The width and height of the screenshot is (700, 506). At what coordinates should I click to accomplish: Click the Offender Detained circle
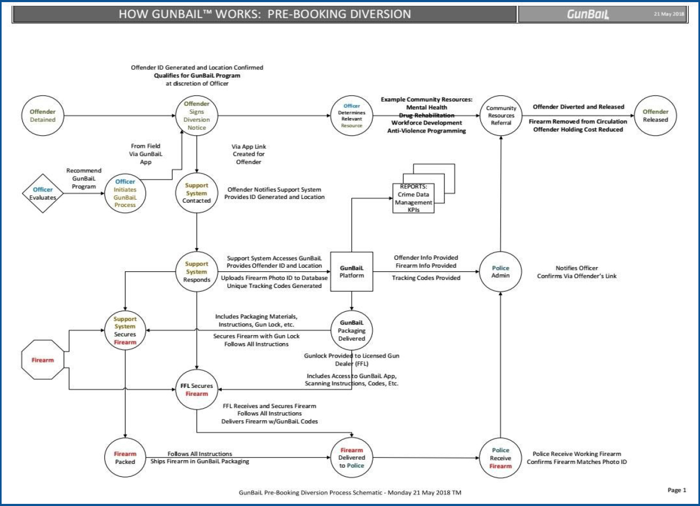pos(43,116)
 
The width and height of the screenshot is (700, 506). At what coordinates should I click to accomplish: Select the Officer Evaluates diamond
pos(43,194)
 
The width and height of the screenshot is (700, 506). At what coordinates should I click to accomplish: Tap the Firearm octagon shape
pos(43,360)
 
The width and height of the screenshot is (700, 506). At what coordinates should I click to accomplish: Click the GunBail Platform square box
pos(351,271)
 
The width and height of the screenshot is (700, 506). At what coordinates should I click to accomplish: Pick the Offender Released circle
pos(655,116)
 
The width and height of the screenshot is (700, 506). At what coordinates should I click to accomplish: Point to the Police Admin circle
pos(500,272)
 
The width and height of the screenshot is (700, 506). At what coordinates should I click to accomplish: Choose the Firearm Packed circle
pos(125,458)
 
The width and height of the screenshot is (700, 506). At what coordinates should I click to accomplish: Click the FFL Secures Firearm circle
pos(197,390)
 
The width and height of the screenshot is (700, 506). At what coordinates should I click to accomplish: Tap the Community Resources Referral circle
pos(501,115)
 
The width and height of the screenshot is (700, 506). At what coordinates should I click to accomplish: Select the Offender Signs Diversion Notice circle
pos(197,116)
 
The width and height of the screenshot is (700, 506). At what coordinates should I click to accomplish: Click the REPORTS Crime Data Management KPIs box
pos(414,198)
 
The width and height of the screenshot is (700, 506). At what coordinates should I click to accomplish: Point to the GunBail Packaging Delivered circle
pos(351,330)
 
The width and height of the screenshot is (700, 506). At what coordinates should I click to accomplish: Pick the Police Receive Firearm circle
pos(500,458)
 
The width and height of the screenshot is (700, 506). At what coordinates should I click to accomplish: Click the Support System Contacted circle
pos(197,193)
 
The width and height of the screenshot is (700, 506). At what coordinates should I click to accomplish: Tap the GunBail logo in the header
pos(588,14)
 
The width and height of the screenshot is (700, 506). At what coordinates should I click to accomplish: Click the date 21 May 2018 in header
pos(669,14)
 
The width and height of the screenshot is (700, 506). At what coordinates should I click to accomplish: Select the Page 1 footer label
pos(677,490)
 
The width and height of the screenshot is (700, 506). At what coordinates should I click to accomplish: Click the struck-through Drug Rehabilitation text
pos(426,115)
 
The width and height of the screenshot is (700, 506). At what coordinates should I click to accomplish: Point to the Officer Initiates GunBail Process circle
pos(125,193)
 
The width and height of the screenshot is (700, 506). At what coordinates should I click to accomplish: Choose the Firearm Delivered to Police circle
pos(351,458)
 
